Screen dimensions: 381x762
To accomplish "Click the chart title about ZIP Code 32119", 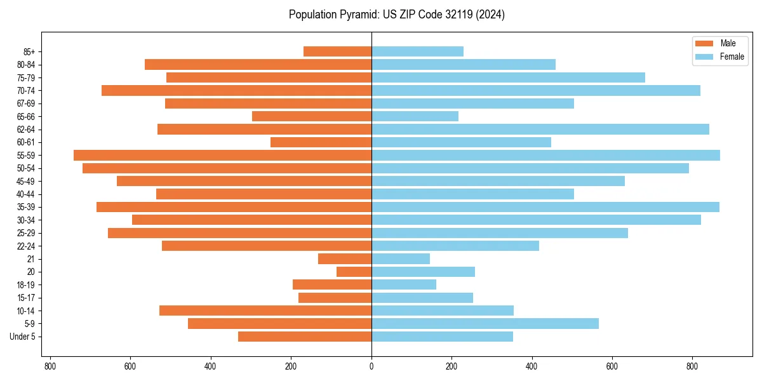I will [396, 15].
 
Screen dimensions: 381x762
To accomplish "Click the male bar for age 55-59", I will [222, 155].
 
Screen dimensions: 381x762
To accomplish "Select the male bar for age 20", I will [354, 272].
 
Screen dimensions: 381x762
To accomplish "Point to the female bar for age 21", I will [401, 258].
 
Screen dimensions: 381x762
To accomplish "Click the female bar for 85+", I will [417, 51].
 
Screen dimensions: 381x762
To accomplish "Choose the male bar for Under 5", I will [305, 337].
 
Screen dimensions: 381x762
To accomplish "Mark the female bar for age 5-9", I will [485, 323].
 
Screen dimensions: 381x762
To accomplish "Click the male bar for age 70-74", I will [236, 90].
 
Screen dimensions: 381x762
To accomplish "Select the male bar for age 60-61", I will [321, 142].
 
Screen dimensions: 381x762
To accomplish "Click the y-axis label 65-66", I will [26, 116].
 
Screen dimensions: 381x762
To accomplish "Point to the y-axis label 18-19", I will [26, 284].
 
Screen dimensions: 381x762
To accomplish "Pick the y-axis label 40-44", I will [26, 194].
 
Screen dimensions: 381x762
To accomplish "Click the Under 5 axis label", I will [23, 337].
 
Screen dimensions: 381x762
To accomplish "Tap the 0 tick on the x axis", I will [371, 366].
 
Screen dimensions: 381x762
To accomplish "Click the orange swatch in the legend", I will [704, 43].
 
